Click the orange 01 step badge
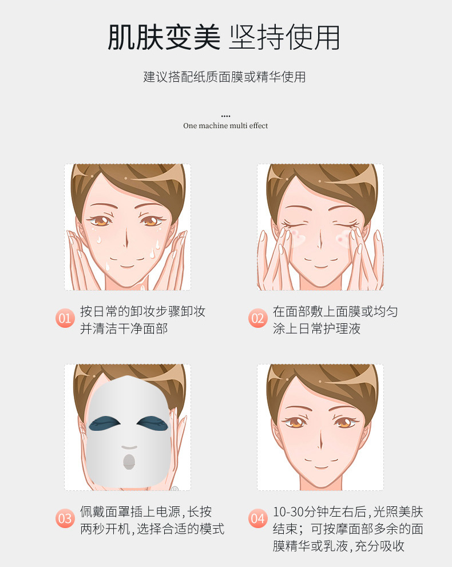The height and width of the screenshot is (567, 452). coord(65,318)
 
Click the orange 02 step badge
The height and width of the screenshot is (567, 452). coord(258,318)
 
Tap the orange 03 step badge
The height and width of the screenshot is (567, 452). coord(65,518)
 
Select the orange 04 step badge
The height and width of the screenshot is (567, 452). coord(258,518)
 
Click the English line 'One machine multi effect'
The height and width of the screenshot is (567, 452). coord(225,126)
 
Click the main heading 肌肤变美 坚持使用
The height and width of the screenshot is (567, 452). coord(224,38)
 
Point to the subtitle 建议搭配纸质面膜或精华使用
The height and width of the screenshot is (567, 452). coord(224,77)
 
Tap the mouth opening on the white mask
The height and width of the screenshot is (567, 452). coord(129,462)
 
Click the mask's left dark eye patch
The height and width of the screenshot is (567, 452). coord(105,423)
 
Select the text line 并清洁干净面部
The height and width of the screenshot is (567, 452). coord(124,329)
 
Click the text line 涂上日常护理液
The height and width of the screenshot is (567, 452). coord(317,329)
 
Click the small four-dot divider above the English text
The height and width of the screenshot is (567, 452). coord(225,116)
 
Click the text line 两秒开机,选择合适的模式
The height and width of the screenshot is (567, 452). coord(152,529)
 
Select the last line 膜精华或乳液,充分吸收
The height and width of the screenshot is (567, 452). coord(339,546)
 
